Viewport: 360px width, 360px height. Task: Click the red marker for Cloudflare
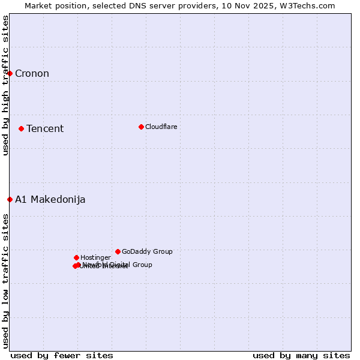tap(141, 127)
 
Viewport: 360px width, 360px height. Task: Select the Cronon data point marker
tap(10, 73)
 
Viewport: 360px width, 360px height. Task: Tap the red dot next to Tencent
tap(21, 128)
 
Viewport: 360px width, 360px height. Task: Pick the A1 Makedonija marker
tap(10, 199)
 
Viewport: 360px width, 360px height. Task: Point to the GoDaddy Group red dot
tap(118, 251)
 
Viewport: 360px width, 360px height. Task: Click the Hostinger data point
tap(76, 257)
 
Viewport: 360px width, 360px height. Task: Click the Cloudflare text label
tap(161, 127)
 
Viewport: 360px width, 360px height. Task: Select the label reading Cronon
tap(32, 74)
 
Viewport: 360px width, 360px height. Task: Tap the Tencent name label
tap(44, 129)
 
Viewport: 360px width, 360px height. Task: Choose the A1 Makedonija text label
tap(50, 200)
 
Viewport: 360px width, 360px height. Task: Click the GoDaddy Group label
tap(147, 252)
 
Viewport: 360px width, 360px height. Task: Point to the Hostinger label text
tap(95, 258)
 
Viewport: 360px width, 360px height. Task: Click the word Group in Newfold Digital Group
tap(142, 265)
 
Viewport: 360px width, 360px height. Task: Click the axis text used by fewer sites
tap(62, 355)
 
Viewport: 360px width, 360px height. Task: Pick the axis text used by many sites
tap(301, 355)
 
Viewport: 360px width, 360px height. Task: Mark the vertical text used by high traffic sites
tap(5, 85)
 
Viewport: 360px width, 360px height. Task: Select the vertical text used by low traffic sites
tap(5, 281)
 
